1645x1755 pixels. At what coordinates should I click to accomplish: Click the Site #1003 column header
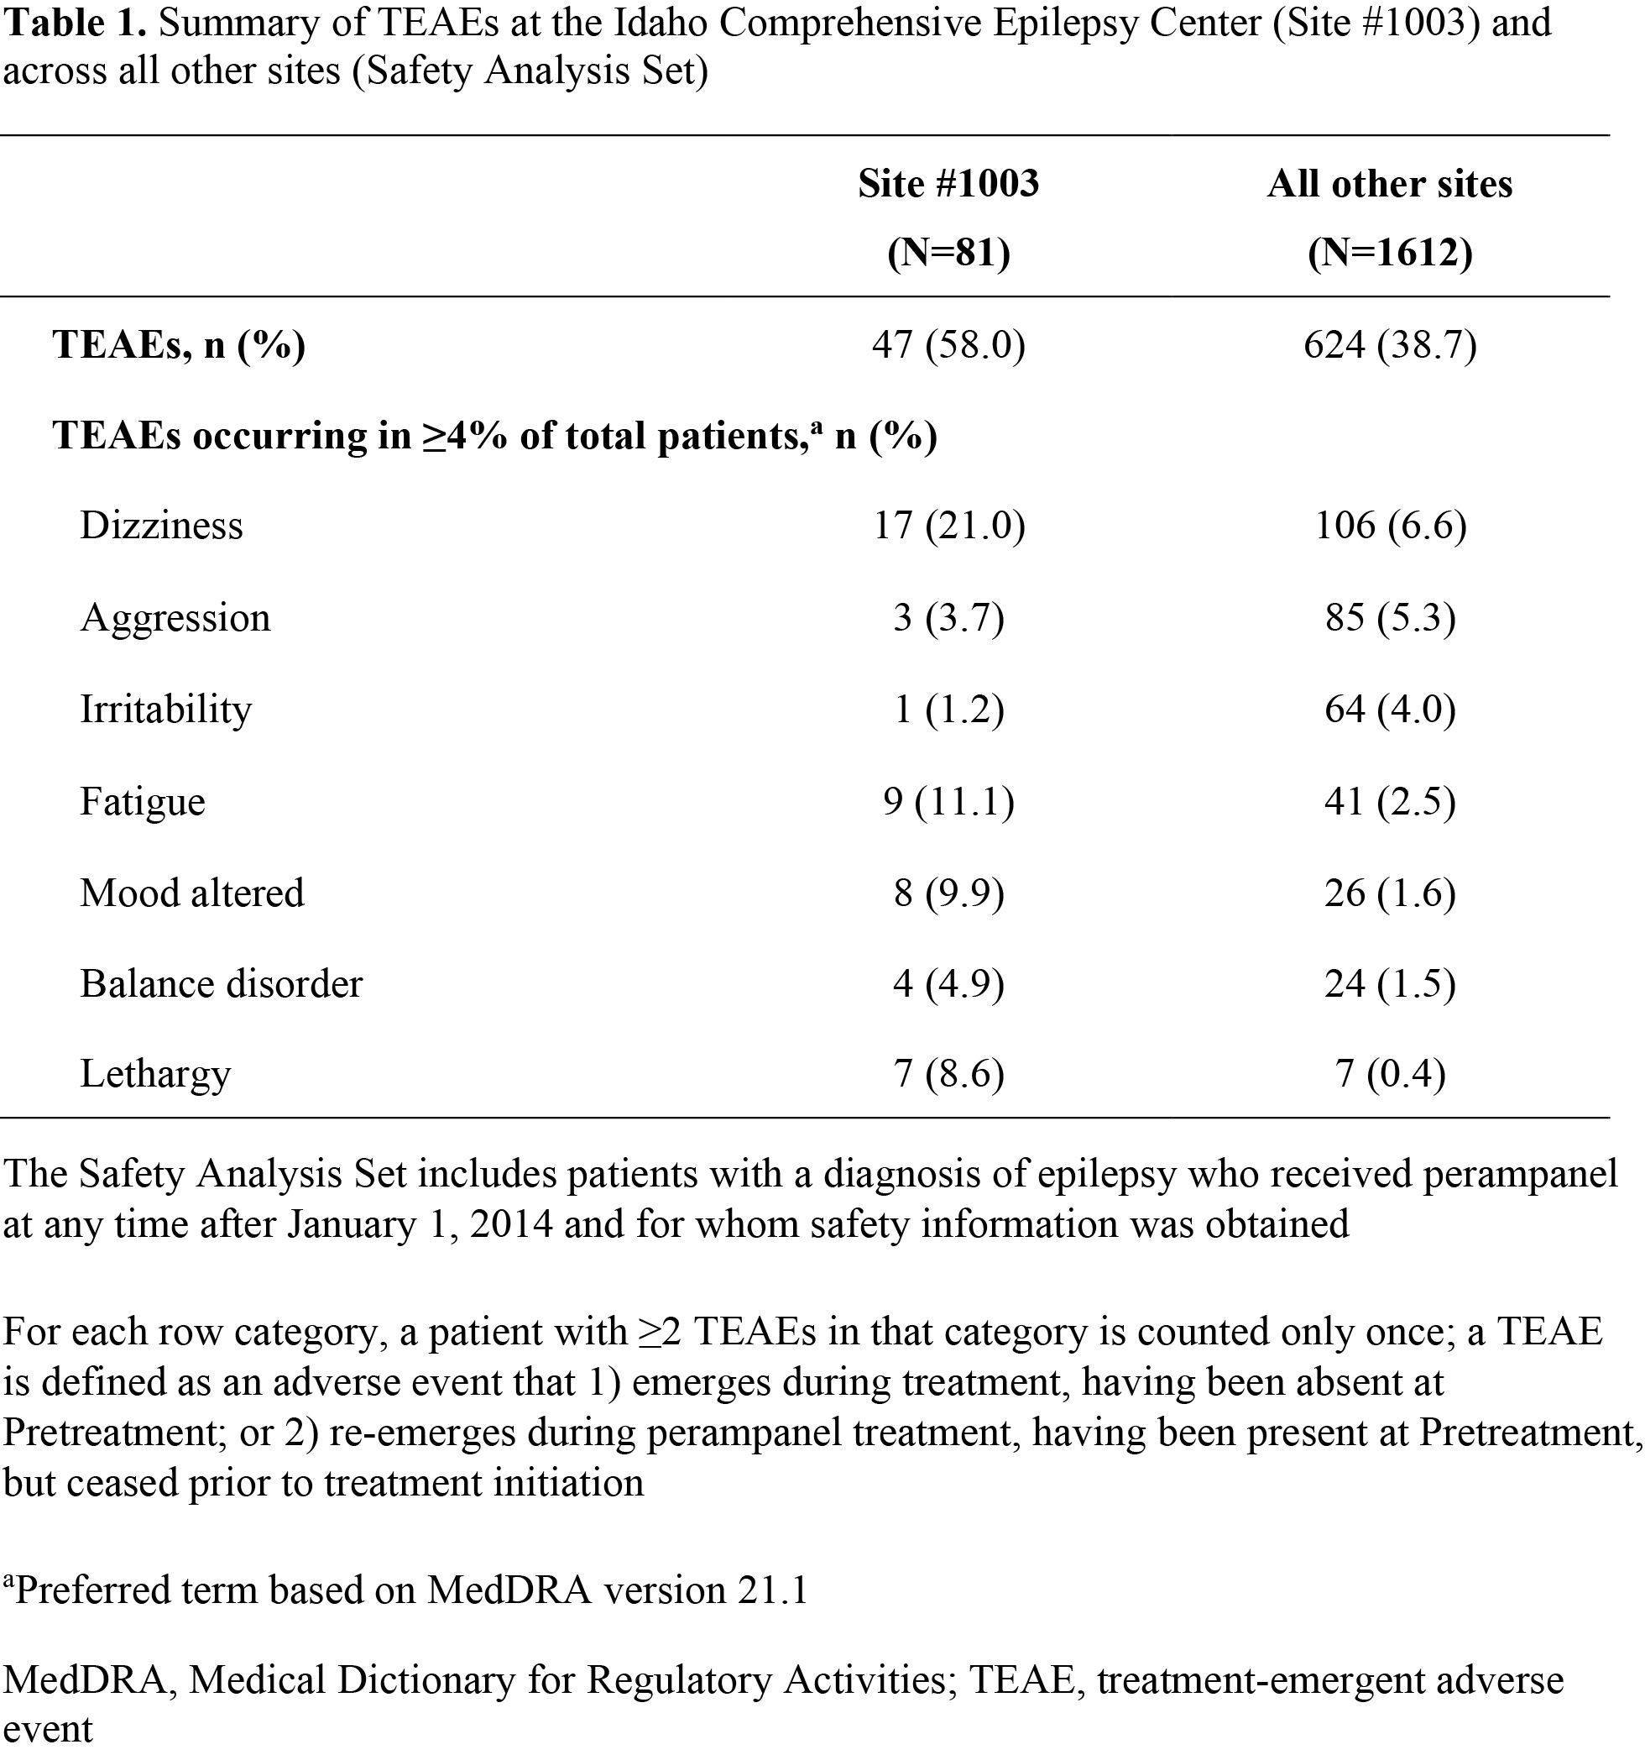[948, 185]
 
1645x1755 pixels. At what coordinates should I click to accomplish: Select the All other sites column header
[1389, 185]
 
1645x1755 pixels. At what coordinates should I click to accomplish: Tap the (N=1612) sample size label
[1389, 254]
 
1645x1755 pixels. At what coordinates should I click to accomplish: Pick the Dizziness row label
[161, 526]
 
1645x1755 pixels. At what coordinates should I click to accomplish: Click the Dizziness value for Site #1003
[948, 526]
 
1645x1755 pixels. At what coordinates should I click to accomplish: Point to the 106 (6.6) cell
[1390, 526]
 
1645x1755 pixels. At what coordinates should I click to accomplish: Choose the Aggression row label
[175, 618]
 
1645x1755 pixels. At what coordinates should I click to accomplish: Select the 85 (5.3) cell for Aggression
[1390, 618]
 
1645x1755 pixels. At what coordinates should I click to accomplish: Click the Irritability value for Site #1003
[948, 710]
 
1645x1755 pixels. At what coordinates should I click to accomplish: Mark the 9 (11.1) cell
[948, 802]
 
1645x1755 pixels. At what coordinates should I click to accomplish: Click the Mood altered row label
[192, 893]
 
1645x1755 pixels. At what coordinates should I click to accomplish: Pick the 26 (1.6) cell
[1390, 893]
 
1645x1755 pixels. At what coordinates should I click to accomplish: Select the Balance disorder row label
[222, 984]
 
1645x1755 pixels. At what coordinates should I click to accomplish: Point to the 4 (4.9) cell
[948, 984]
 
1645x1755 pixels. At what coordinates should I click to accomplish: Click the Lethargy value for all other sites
[1390, 1074]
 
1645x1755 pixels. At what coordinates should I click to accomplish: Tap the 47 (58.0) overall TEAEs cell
[948, 344]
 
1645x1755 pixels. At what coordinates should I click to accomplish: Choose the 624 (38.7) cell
[1390, 344]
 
